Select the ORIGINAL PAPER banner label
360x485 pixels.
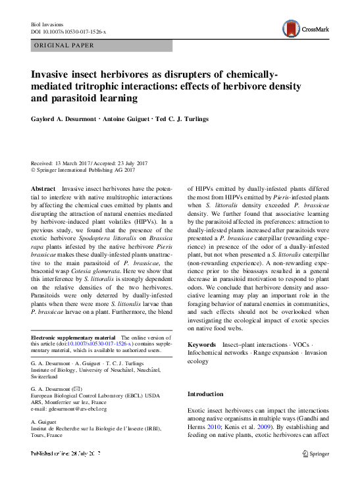coord(63,45)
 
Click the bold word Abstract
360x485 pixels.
coord(43,188)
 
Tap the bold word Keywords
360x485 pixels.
coord(201,345)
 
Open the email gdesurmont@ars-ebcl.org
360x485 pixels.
coord(68,409)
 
